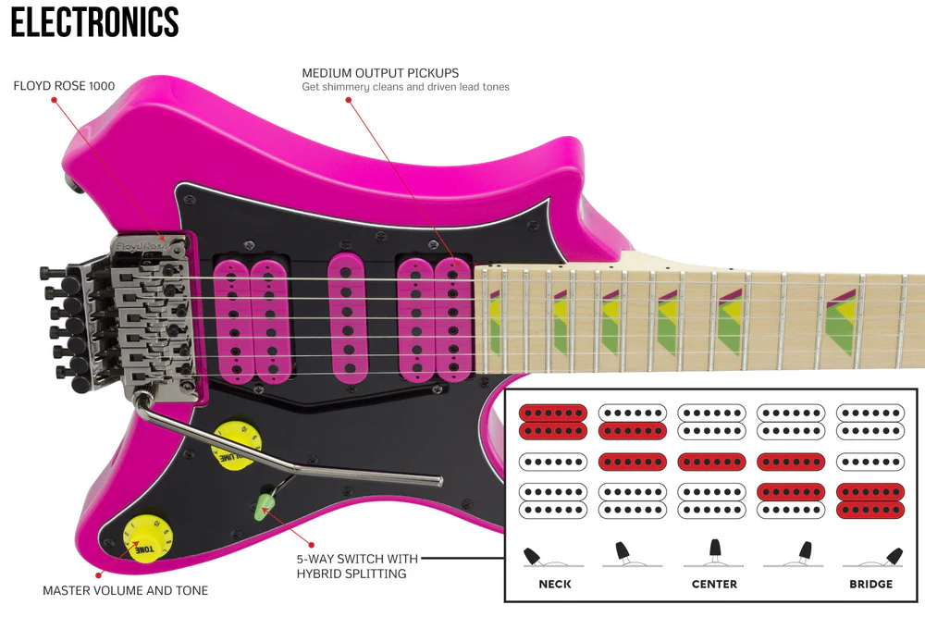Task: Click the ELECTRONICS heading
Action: (95, 22)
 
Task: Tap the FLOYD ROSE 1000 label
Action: (65, 86)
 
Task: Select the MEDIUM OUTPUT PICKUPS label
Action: (380, 73)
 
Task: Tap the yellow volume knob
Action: (236, 446)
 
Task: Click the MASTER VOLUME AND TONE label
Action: (126, 590)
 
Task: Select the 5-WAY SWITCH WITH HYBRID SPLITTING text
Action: (357, 566)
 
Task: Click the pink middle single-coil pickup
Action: (347, 319)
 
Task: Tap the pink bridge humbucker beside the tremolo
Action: (252, 320)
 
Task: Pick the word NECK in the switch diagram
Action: (555, 584)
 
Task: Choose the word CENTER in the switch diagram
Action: (714, 584)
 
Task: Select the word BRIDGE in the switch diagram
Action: (871, 584)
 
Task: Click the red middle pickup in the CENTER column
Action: (712, 462)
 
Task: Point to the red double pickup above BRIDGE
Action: (870, 500)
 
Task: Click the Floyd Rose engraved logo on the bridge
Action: (142, 245)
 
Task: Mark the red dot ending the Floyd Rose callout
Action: (55, 100)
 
